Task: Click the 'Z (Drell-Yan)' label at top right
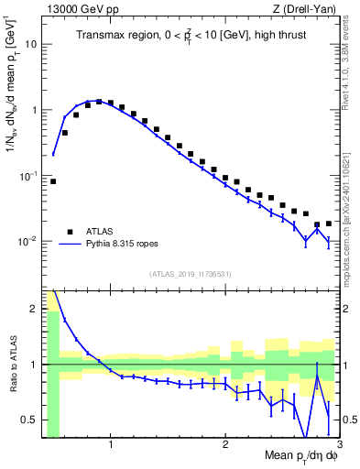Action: click(308, 8)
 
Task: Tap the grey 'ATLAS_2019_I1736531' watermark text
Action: click(191, 274)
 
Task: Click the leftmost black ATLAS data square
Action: click(53, 181)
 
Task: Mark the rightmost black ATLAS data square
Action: click(329, 223)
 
